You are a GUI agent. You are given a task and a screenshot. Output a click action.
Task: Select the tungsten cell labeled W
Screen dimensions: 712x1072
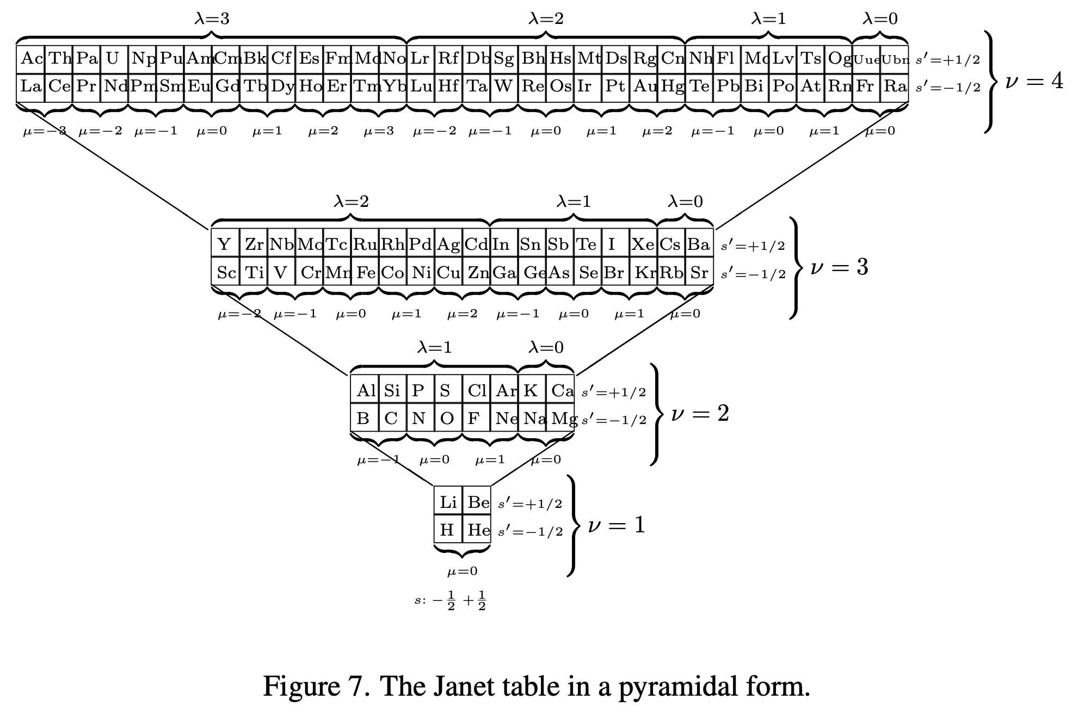click(503, 87)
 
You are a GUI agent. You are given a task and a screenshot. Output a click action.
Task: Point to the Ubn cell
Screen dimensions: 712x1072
click(895, 59)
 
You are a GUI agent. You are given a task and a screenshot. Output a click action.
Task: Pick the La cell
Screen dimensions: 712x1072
click(30, 87)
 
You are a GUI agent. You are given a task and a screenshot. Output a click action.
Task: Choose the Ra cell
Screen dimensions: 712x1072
click(895, 87)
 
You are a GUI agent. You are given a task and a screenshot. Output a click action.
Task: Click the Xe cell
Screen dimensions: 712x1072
click(643, 244)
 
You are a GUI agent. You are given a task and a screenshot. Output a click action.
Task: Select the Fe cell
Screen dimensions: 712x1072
click(365, 272)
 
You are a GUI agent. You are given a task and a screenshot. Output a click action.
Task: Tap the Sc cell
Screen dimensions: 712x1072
click(226, 272)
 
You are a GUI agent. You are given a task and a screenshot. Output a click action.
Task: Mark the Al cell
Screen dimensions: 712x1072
click(365, 390)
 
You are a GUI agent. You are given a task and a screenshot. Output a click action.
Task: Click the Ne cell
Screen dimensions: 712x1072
click(504, 418)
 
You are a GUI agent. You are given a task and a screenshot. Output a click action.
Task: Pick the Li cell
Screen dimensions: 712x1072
click(448, 502)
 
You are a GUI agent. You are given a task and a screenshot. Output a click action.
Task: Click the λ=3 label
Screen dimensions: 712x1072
click(212, 19)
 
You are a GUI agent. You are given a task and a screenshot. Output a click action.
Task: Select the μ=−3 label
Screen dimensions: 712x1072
click(45, 131)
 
